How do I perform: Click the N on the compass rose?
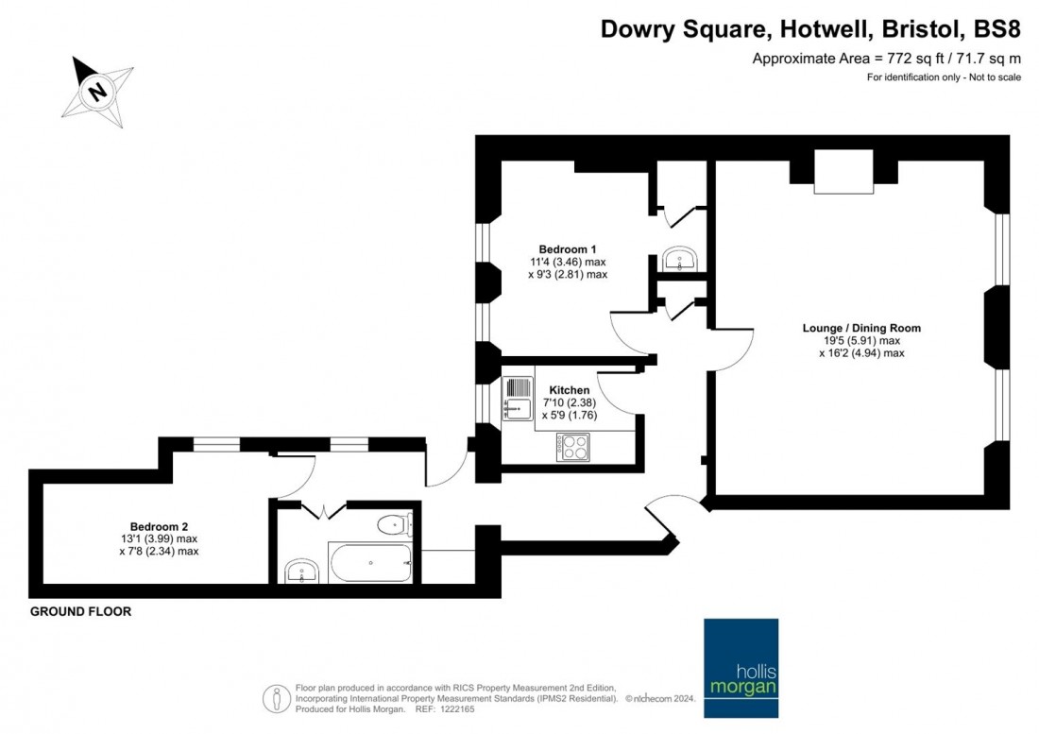pyautogui.click(x=95, y=92)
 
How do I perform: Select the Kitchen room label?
pyautogui.click(x=569, y=390)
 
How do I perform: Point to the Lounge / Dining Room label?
pyautogui.click(x=860, y=329)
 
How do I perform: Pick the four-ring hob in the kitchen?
pyautogui.click(x=572, y=447)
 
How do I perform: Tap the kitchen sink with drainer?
pyautogui.click(x=518, y=398)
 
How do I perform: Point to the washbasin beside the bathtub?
pyautogui.click(x=301, y=570)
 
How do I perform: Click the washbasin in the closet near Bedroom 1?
pyautogui.click(x=678, y=259)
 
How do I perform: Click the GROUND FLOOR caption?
pyautogui.click(x=80, y=612)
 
